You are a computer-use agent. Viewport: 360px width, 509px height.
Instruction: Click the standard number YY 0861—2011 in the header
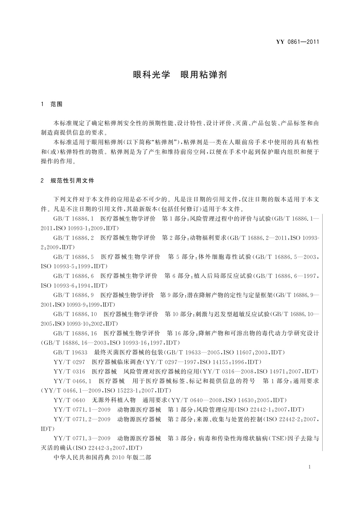pyautogui.click(x=297, y=42)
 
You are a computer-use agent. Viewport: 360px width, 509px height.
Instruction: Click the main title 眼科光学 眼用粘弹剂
pyautogui.click(x=180, y=75)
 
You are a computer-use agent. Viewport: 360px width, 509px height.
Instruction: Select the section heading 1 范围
pyautogui.click(x=52, y=104)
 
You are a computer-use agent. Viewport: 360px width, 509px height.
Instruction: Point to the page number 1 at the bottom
pyautogui.click(x=310, y=467)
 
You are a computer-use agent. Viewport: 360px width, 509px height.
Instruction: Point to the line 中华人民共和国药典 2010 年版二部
pyautogui.click(x=102, y=458)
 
